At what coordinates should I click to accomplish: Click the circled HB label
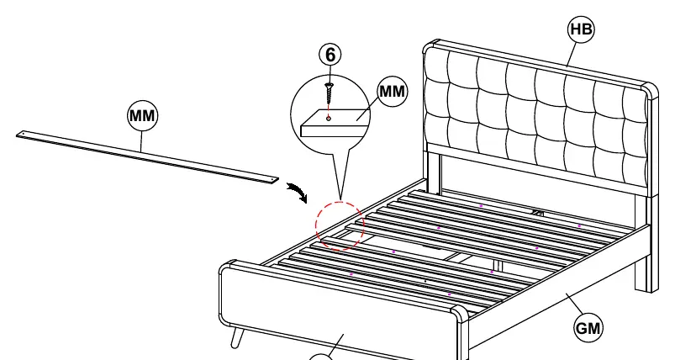point(581,29)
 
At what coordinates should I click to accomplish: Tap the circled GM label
point(588,329)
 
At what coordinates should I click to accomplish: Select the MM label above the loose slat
point(143,116)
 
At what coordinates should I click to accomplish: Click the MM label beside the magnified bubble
point(393,92)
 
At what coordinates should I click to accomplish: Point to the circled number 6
point(330,55)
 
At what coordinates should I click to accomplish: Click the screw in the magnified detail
point(330,91)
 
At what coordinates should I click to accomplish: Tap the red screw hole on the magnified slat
point(329,119)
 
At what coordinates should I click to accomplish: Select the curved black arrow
point(298,192)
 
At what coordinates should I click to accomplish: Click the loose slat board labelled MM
point(148,157)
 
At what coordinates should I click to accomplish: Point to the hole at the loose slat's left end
point(23,135)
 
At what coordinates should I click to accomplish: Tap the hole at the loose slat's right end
point(272,178)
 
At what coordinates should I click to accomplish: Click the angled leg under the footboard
point(237,337)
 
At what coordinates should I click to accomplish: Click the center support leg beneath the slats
point(498,265)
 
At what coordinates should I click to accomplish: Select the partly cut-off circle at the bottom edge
point(321,356)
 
